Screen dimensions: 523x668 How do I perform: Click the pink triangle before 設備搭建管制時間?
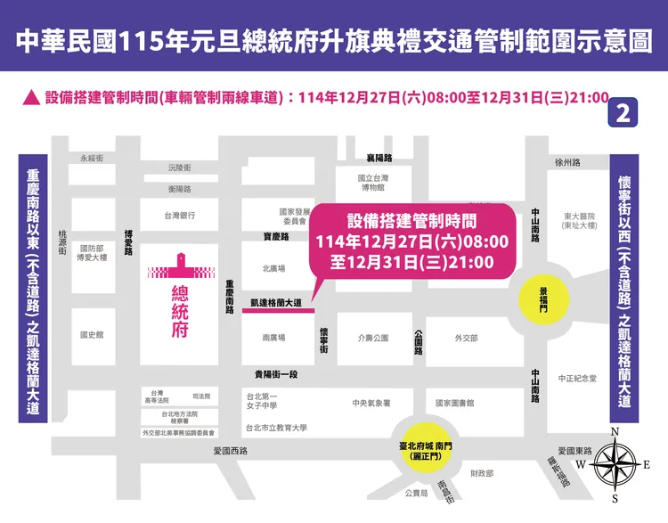pos(30,97)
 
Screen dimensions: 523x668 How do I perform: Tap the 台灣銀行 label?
pos(179,216)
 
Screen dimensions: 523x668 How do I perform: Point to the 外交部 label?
pos(466,339)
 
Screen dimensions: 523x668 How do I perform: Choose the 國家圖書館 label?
pos(454,404)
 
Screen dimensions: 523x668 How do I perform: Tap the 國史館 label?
pos(92,335)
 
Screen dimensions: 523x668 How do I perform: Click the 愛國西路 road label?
pos(230,452)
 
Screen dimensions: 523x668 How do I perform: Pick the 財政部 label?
pos(482,473)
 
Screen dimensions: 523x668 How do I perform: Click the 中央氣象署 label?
pos(371,404)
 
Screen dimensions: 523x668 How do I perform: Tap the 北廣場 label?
pos(273,268)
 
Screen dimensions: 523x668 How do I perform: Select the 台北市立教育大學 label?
pos(276,428)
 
